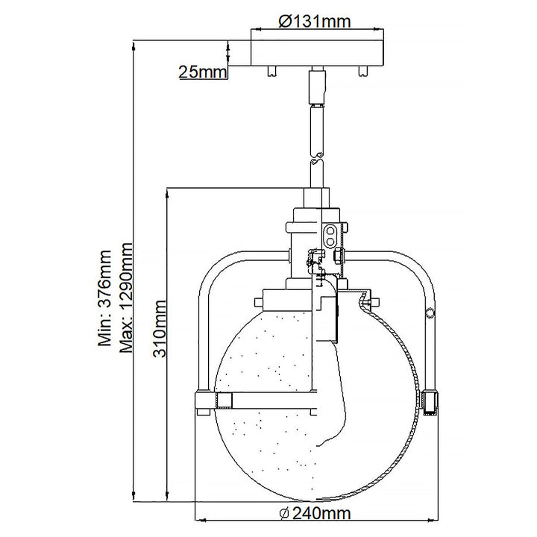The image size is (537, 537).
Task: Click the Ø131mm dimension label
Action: [x=314, y=22]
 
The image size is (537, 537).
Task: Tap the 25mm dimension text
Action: [x=202, y=72]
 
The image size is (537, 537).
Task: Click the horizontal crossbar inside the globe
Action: [x=268, y=403]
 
